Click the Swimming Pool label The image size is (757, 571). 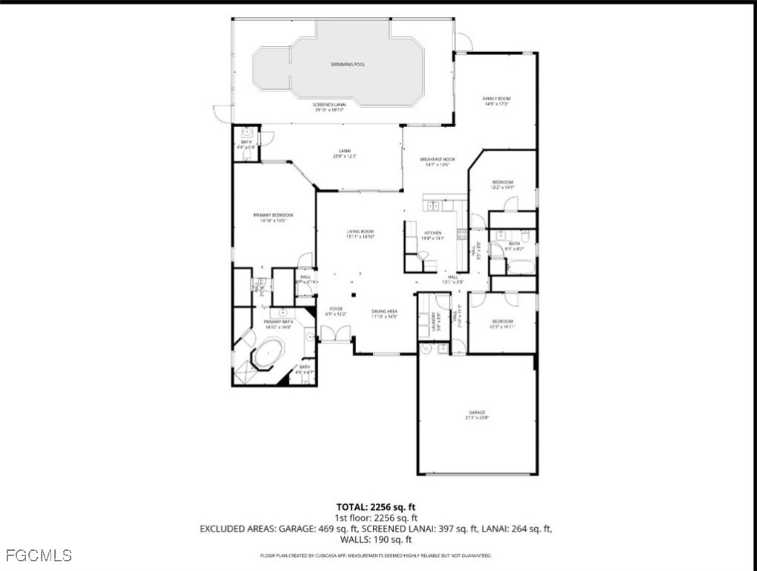pos(348,65)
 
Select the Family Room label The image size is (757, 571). pos(497,98)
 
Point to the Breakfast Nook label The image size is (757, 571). pos(437,159)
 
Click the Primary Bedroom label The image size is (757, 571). pos(272,215)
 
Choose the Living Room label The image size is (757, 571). pos(360,232)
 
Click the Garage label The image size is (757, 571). pos(476,413)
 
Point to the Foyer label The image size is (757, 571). pos(335,310)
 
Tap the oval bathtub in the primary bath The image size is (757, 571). pos(265,354)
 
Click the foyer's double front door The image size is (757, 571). pos(336,337)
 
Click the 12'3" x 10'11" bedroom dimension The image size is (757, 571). pos(501,326)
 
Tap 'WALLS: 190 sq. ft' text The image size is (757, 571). pos(377,539)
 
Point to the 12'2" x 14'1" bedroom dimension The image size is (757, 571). pos(502,188)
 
